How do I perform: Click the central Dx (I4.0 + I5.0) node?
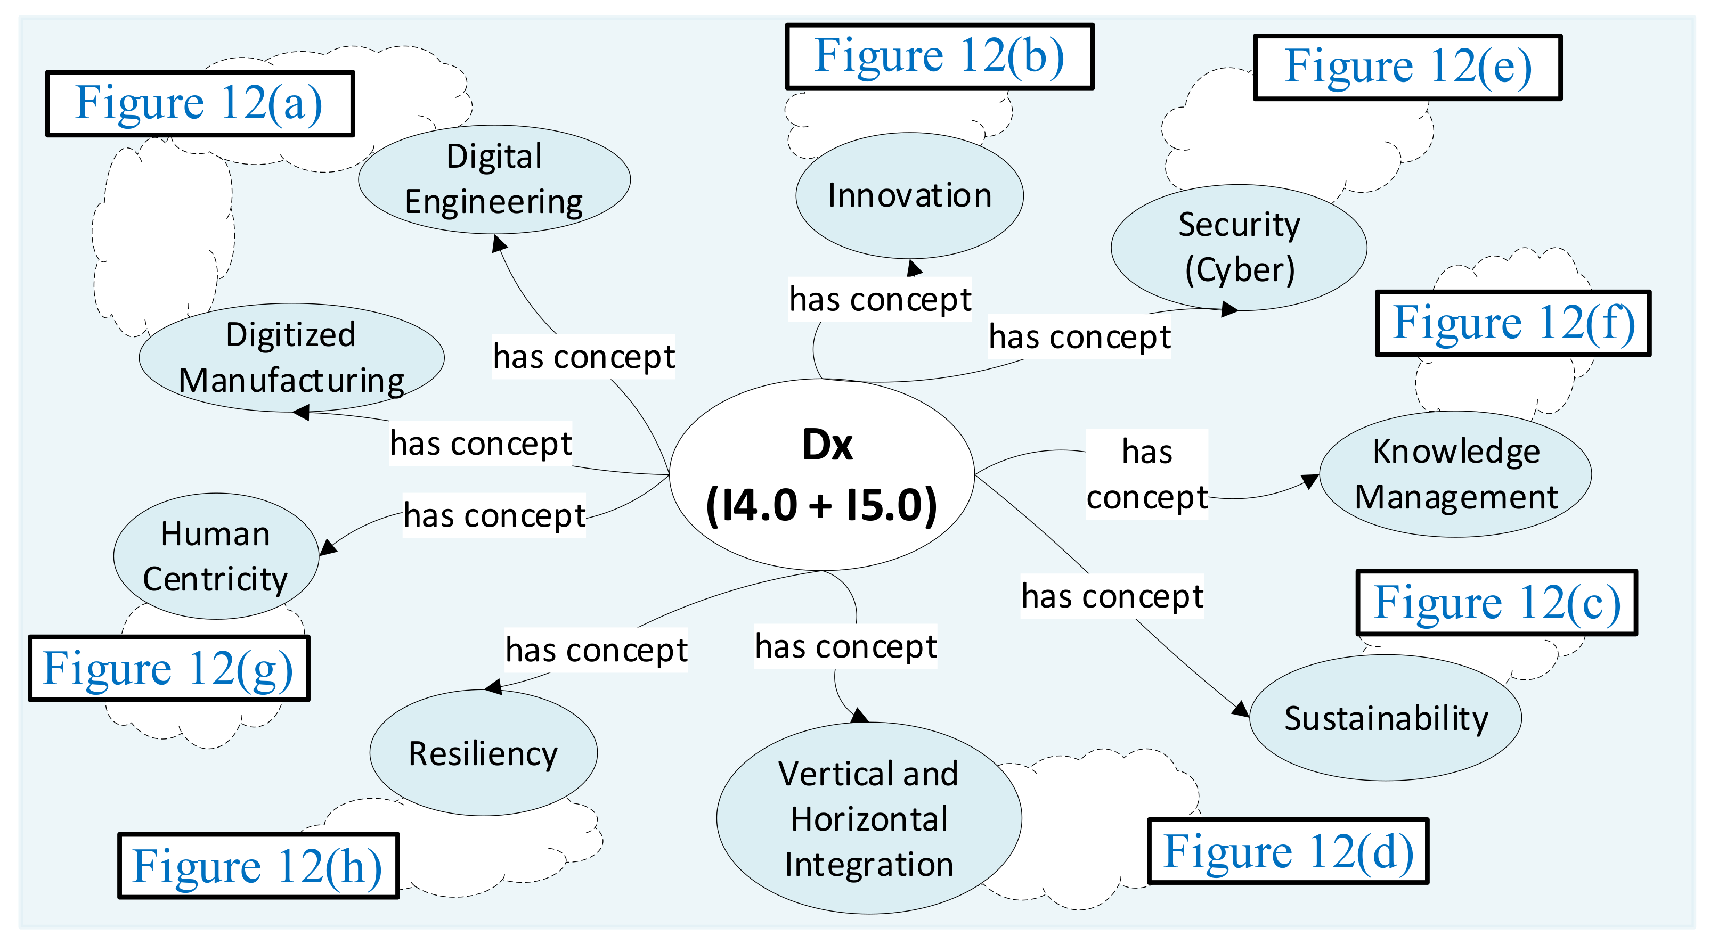click(822, 474)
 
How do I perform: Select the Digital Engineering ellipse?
click(494, 179)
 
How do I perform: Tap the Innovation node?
click(909, 196)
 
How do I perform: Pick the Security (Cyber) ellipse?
click(1239, 247)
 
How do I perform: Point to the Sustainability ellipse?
click(1386, 718)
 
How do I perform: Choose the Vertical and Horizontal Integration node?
click(868, 818)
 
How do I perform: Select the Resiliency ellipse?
click(483, 753)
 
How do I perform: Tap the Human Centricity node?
click(216, 556)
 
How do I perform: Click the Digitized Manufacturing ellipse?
click(291, 358)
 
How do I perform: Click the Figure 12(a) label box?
click(200, 103)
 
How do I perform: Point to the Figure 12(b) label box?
click(939, 56)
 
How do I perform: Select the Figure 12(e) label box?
click(1407, 67)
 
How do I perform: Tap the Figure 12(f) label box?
click(1513, 323)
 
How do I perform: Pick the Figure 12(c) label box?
click(1496, 602)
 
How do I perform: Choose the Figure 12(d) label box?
click(1288, 851)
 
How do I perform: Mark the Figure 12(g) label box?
click(169, 668)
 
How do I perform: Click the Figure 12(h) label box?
click(258, 866)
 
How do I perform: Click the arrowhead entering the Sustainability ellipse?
click(1241, 709)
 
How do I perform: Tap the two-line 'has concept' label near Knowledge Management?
click(1146, 474)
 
